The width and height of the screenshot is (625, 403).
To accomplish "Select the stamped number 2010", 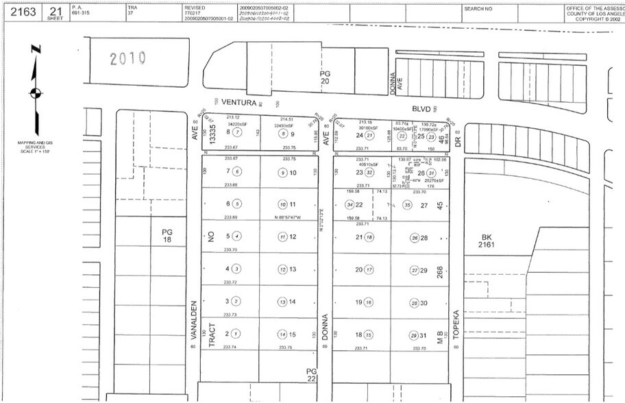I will click(x=128, y=59).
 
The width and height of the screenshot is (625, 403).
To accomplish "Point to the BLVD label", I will click(x=420, y=108).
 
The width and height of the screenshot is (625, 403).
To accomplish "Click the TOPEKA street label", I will click(x=454, y=325).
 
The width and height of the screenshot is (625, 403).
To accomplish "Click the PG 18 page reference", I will click(x=167, y=236).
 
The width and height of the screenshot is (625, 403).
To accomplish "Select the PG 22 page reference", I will click(x=312, y=374).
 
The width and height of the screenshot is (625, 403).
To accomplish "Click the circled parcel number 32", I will click(x=369, y=173).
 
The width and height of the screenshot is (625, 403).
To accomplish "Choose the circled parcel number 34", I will click(x=350, y=205).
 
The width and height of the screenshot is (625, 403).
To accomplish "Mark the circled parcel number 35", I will click(x=408, y=205).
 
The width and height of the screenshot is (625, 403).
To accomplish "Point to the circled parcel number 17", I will click(x=369, y=269).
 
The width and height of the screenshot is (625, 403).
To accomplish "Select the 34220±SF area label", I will click(x=237, y=125).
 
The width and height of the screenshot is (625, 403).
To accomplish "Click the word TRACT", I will click(x=212, y=334).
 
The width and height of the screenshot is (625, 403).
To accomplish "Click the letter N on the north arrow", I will click(x=36, y=51).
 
